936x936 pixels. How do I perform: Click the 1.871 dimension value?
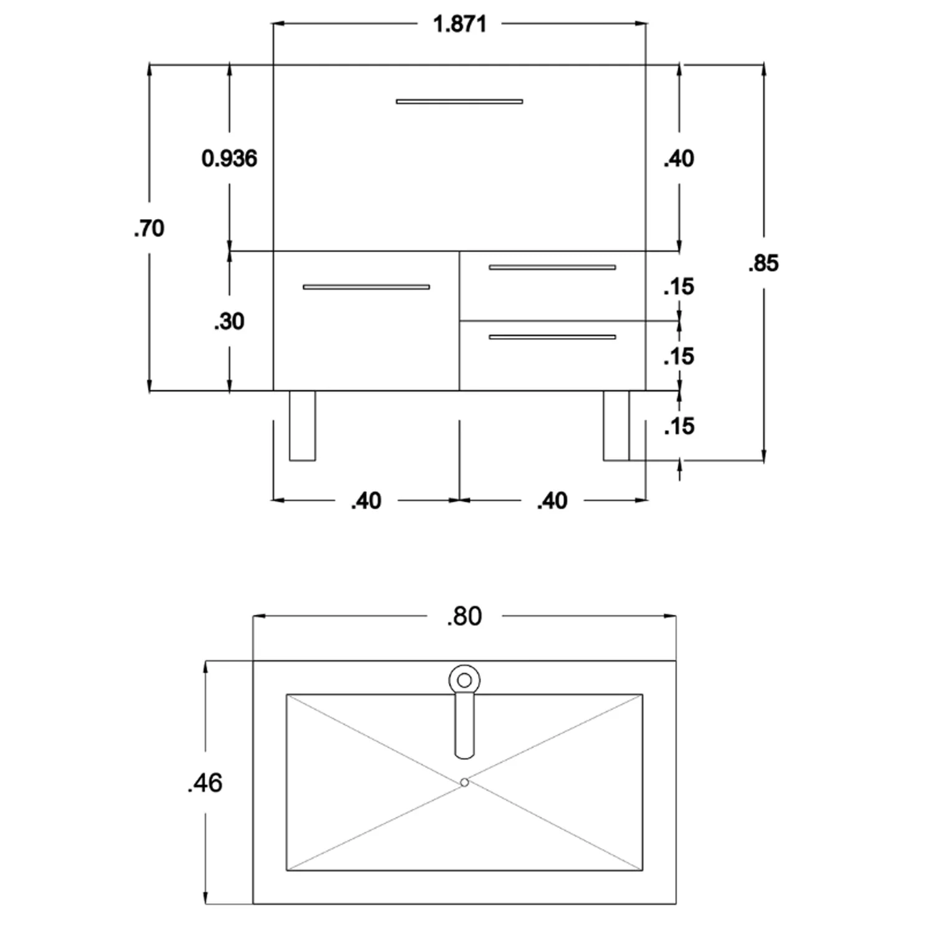pos(459,24)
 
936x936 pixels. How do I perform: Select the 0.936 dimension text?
pos(229,158)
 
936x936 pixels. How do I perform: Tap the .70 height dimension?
pos(149,228)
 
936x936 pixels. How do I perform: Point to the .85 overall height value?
pos(764,263)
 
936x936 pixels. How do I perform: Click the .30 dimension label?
pos(229,321)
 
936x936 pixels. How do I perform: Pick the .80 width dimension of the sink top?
pos(465,617)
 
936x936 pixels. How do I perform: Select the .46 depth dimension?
pos(205,782)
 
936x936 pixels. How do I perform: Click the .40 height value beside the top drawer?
pos(679,158)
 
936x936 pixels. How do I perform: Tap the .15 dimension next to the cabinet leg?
pos(679,426)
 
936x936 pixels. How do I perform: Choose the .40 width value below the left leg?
pos(366,500)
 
